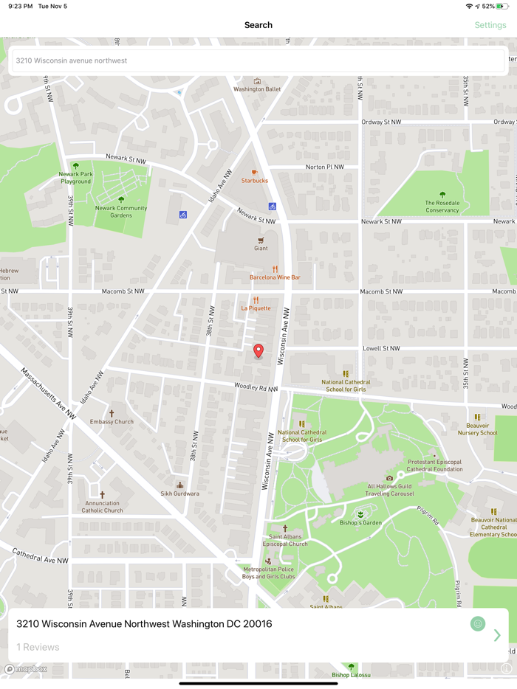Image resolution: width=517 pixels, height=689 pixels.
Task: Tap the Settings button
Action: coord(490,25)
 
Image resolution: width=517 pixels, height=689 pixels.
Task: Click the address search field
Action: coord(257,60)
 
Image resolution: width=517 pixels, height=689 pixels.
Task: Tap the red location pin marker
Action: coord(258,351)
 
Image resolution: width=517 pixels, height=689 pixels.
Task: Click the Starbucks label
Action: coord(255,180)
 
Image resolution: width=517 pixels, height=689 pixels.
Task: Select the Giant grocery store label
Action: coord(261,248)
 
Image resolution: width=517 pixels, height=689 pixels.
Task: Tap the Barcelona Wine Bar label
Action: coord(275,277)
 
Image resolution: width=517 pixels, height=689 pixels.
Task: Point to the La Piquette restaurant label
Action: coord(256,308)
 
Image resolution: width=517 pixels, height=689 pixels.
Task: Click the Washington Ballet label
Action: coord(257,89)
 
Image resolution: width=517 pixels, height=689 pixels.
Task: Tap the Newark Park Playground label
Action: coord(76,177)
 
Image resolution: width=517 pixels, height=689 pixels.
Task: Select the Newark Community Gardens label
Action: coord(121,211)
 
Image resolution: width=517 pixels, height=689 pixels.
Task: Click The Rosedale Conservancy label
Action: coord(442,206)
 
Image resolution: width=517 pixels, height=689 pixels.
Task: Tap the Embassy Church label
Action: coord(112,421)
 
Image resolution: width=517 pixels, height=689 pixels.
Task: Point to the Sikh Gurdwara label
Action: coord(180,493)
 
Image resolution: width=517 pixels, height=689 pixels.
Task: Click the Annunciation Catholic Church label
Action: coord(102,506)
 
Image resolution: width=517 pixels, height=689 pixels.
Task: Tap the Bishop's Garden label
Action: coord(360,522)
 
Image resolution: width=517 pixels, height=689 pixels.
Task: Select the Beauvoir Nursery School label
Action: coord(477,429)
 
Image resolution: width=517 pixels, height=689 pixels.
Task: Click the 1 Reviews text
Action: coord(38,647)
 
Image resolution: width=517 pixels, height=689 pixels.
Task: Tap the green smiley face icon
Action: coord(478,624)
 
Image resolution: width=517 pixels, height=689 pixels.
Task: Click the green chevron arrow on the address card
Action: coord(497,635)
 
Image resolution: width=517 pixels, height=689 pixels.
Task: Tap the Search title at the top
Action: coord(258,25)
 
